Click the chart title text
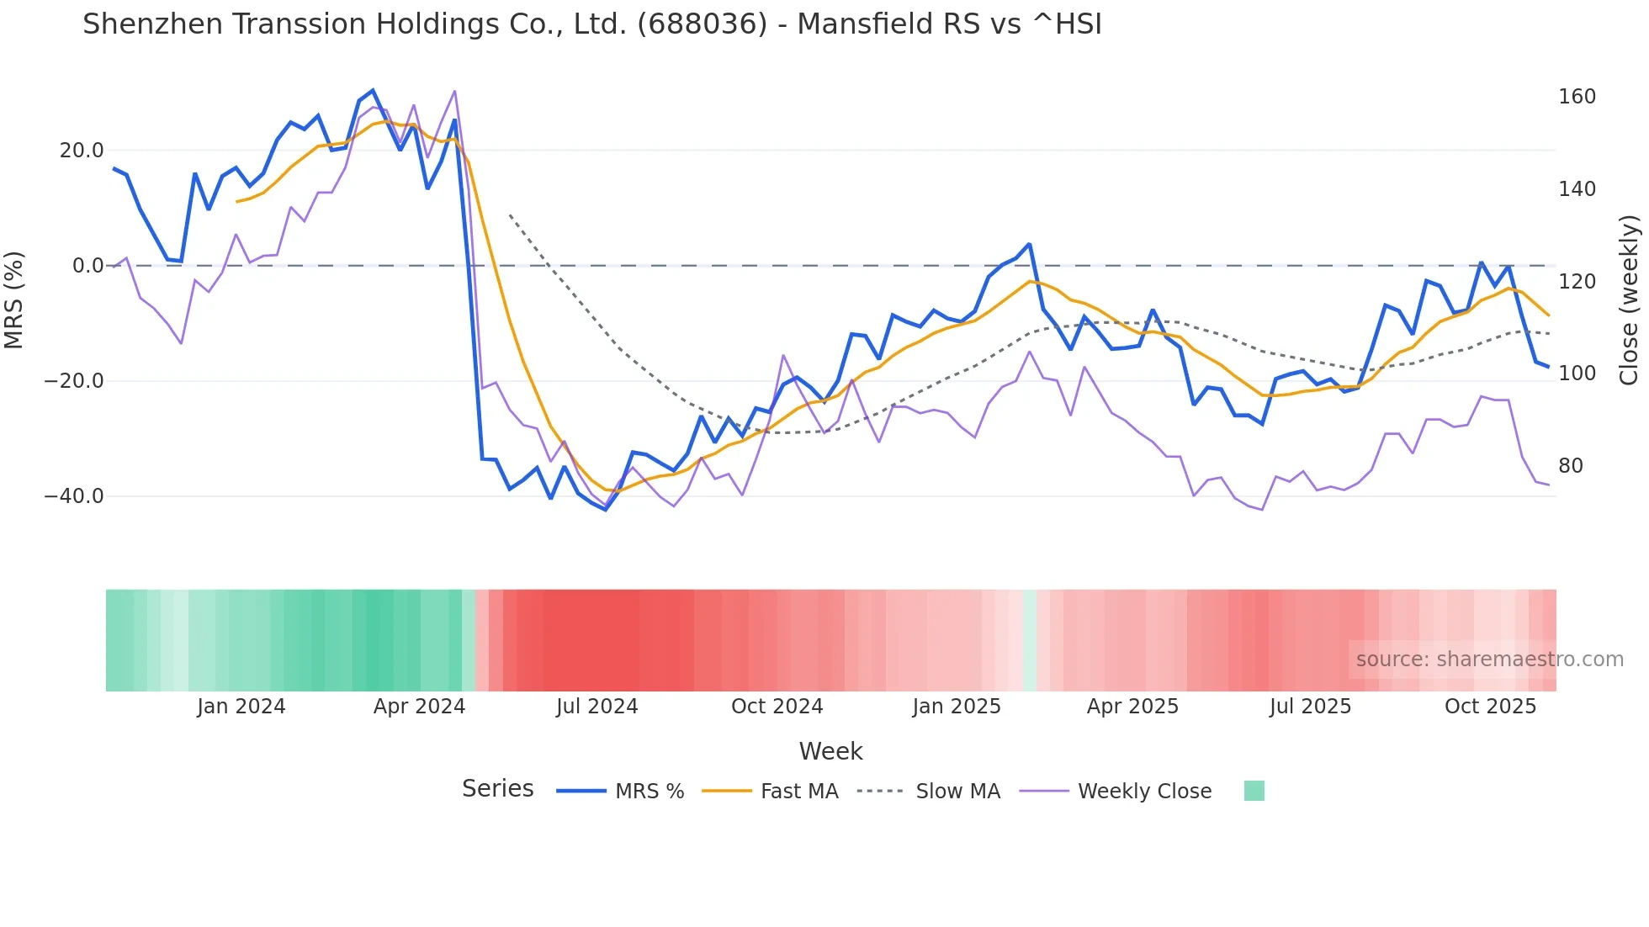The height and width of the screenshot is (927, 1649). pyautogui.click(x=591, y=24)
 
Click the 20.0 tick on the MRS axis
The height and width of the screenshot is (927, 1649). pyautogui.click(x=81, y=151)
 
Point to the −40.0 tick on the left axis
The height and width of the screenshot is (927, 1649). pyautogui.click(x=74, y=496)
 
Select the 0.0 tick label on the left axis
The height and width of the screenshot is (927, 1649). pyautogui.click(x=87, y=266)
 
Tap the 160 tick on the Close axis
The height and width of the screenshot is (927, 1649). pyautogui.click(x=1577, y=97)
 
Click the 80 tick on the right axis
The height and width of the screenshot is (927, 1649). pyautogui.click(x=1570, y=466)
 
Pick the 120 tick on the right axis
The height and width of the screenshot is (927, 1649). pyautogui.click(x=1577, y=282)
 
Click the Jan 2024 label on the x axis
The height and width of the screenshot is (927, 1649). pyautogui.click(x=241, y=707)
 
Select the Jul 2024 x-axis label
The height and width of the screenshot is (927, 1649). pyautogui.click(x=597, y=707)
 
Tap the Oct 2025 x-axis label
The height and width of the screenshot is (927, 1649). pyautogui.click(x=1490, y=707)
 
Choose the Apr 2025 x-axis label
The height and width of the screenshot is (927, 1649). pyautogui.click(x=1132, y=707)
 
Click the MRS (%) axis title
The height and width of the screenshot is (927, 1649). pyautogui.click(x=14, y=299)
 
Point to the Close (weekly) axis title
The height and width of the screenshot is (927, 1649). pyautogui.click(x=1629, y=300)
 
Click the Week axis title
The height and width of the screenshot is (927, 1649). pyautogui.click(x=830, y=751)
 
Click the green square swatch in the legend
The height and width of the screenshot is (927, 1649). pyautogui.click(x=1254, y=791)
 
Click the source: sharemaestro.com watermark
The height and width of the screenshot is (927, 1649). pyautogui.click(x=1489, y=659)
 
